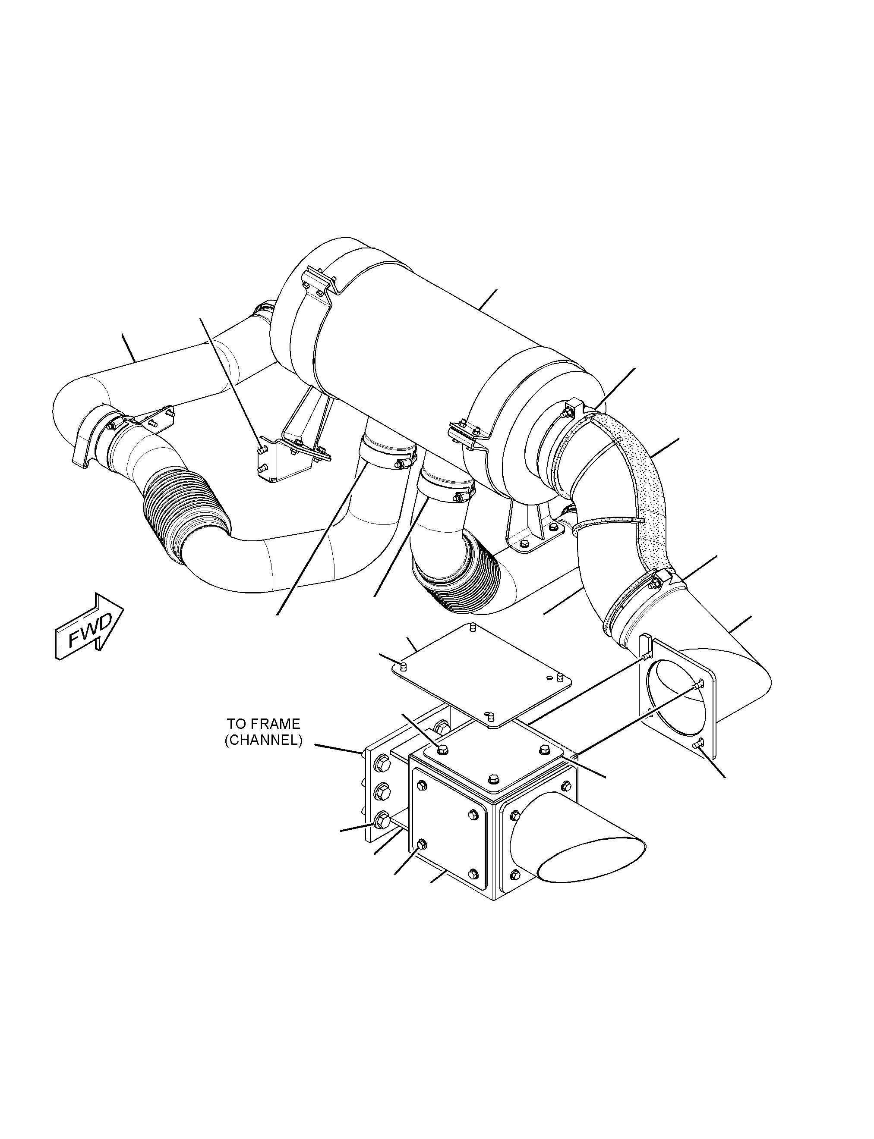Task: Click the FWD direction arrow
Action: [x=89, y=627]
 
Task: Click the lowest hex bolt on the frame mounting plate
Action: [x=382, y=835]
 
